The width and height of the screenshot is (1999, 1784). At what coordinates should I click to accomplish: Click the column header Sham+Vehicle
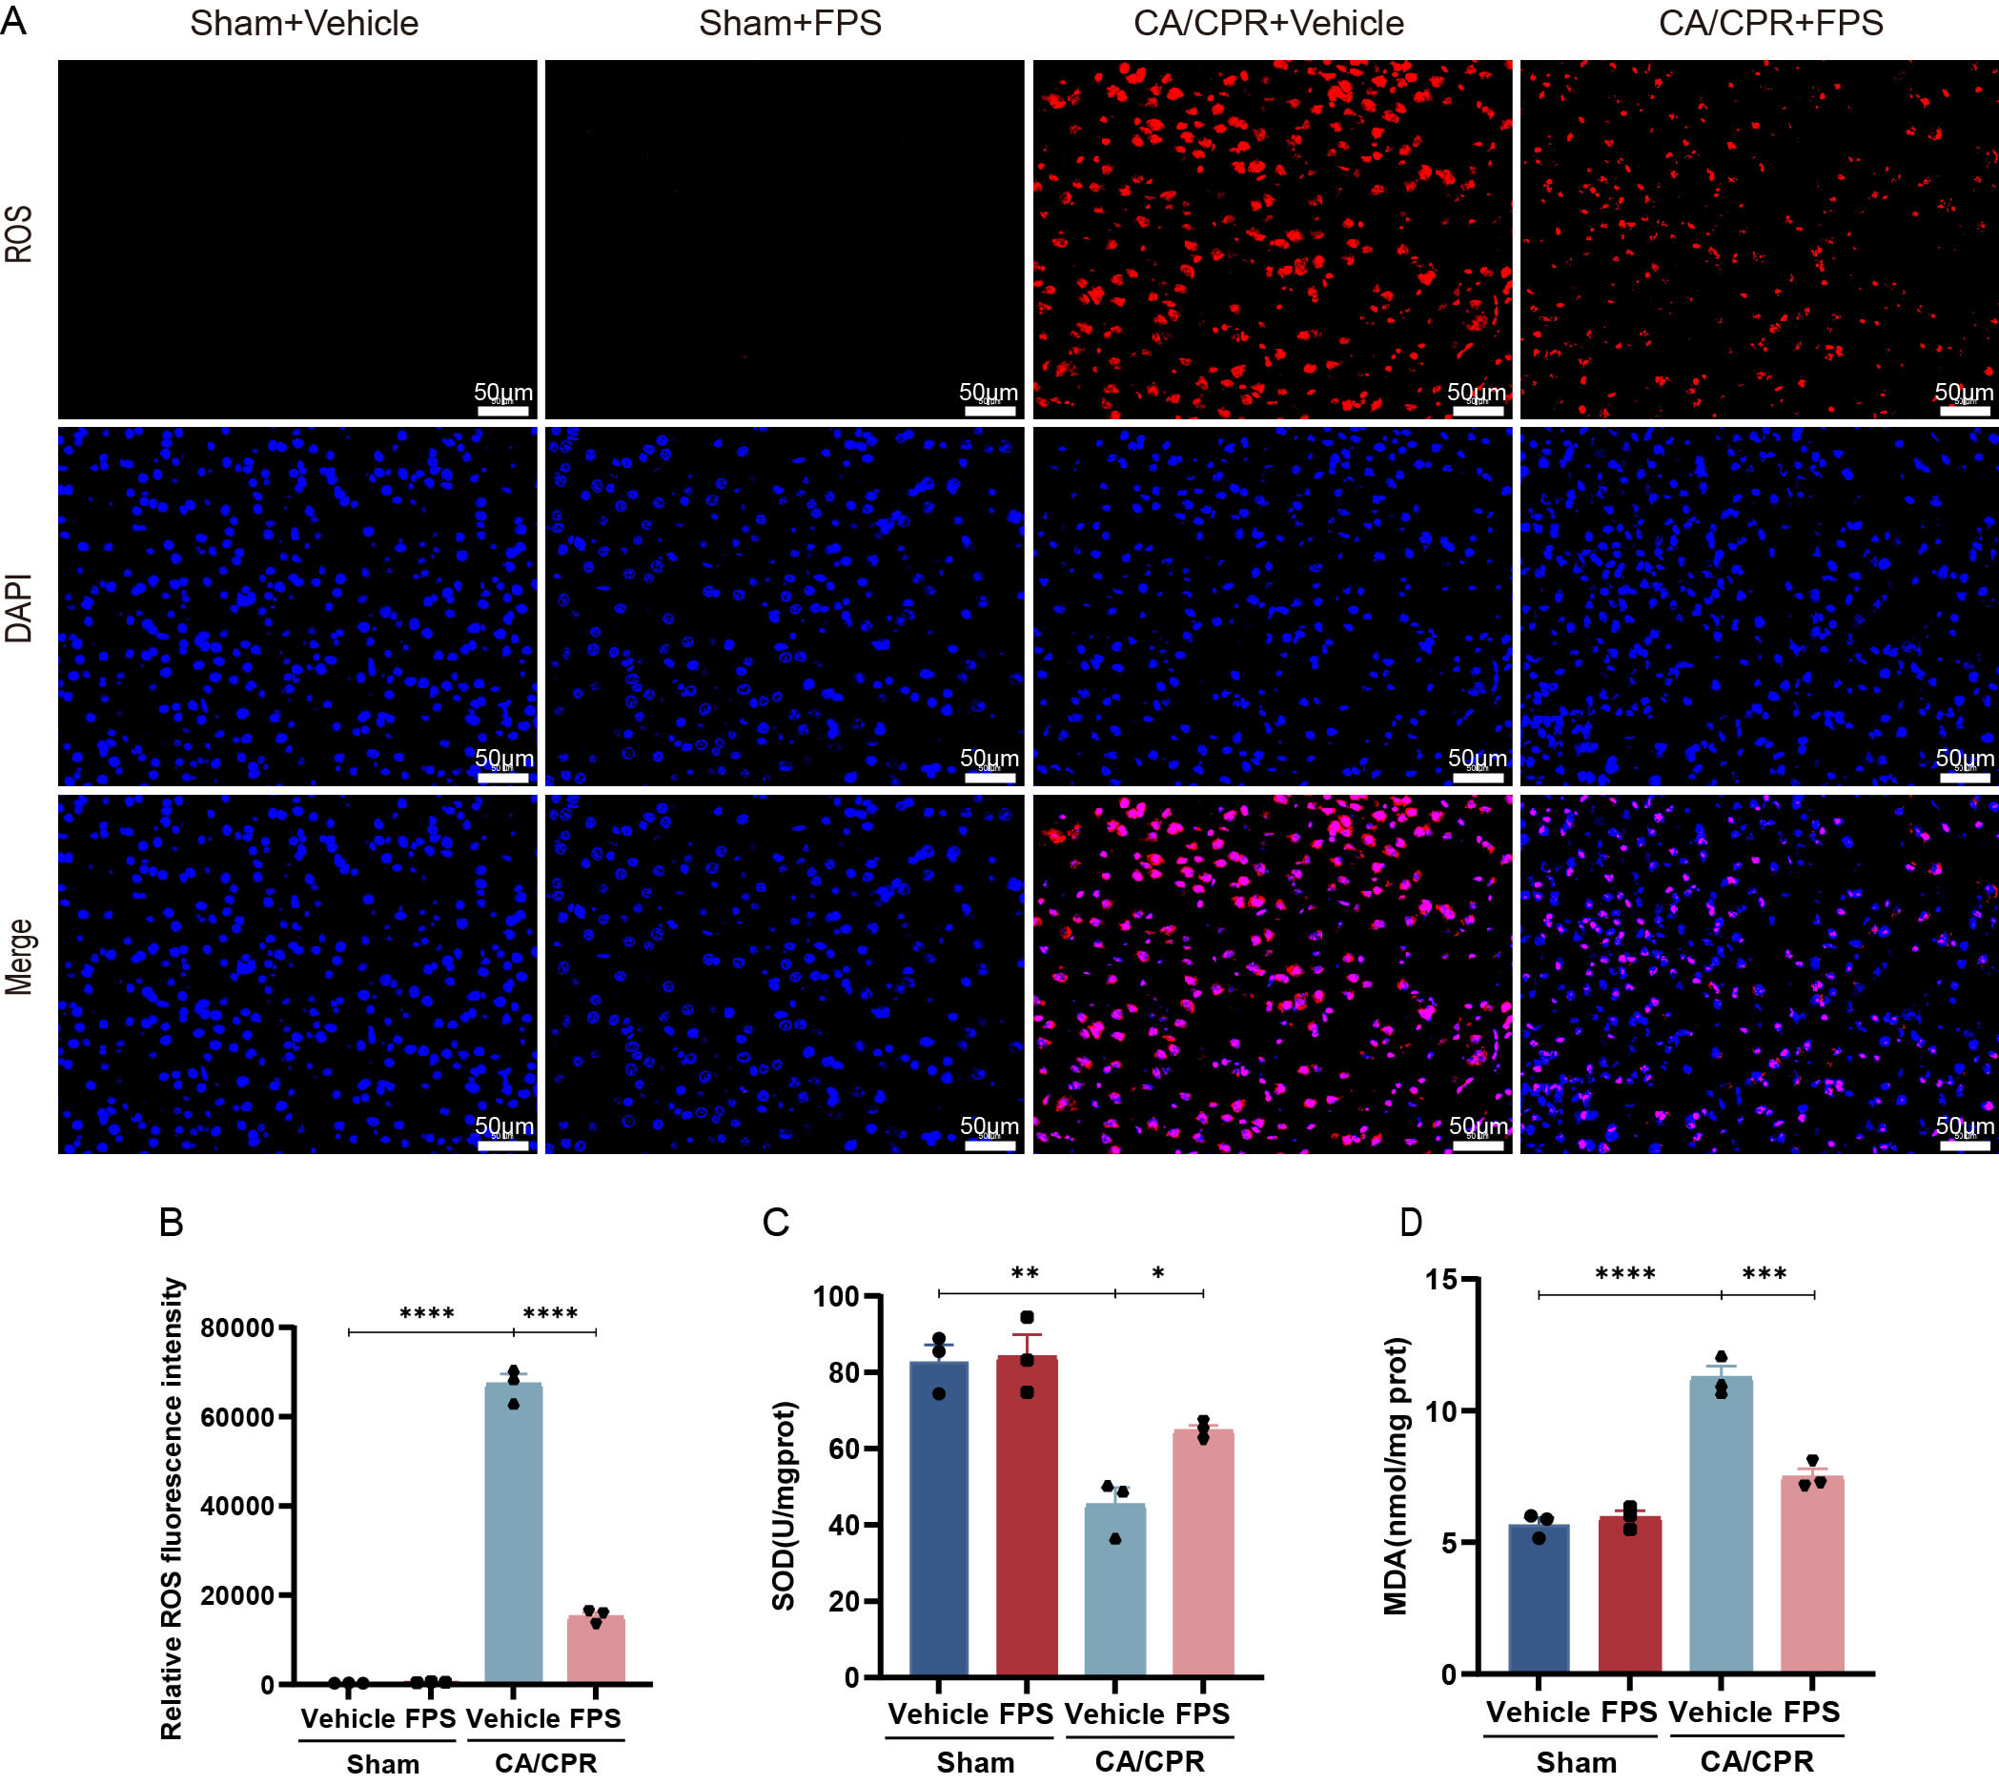[304, 24]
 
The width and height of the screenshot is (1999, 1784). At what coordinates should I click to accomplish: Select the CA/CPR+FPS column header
[1770, 24]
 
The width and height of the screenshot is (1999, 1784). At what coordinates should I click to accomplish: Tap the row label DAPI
[20, 608]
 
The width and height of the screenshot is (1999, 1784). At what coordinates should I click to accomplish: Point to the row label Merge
[20, 957]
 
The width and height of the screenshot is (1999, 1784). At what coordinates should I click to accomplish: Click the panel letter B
[172, 1223]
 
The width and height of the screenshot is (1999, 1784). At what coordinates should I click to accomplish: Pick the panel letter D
[1411, 1223]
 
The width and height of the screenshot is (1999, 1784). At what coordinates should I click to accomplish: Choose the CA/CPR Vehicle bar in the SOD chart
[1114, 1589]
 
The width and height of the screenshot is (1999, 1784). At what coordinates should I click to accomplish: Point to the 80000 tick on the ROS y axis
[238, 1328]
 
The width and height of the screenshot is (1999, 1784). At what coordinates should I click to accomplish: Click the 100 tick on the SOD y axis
[836, 1296]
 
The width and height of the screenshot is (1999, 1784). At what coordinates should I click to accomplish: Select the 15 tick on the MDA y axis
[1441, 1279]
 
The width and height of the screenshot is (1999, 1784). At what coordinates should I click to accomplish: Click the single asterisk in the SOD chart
[1158, 1274]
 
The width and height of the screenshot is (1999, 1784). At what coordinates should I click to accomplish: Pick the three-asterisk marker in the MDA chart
[1764, 1274]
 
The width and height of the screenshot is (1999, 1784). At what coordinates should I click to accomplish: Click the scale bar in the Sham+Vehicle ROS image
[503, 410]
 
